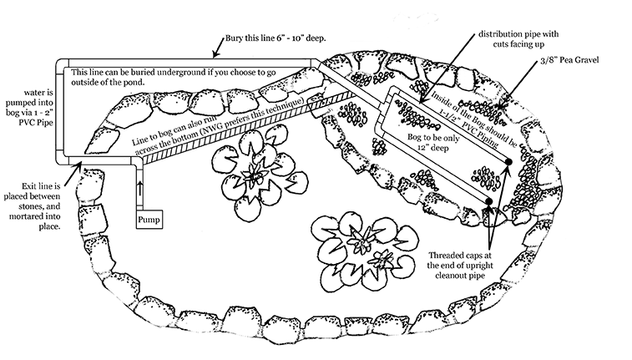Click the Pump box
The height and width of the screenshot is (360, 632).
148,219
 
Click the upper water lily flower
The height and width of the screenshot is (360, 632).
253,172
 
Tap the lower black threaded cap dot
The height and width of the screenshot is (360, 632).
486,200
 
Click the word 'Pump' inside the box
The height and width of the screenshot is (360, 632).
148,219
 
